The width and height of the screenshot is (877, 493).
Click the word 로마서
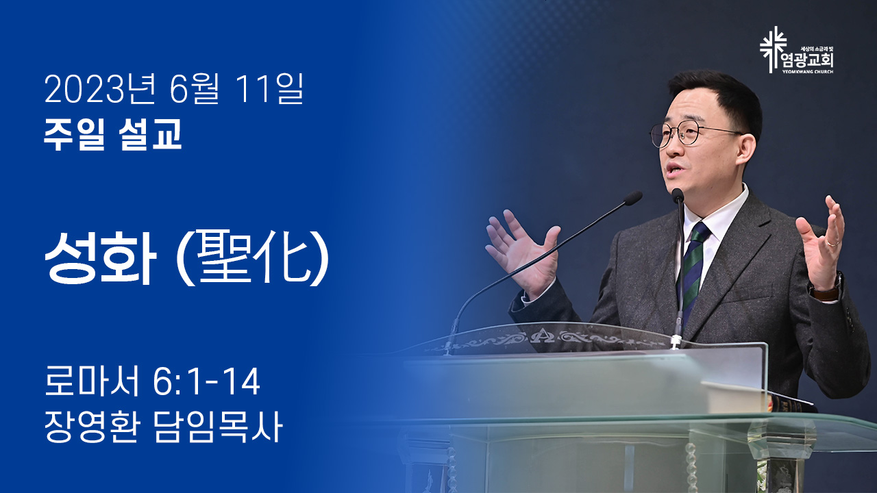pos(92,381)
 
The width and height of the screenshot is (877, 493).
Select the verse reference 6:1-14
pos(206,381)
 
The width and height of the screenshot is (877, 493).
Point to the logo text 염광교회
pos(809,61)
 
